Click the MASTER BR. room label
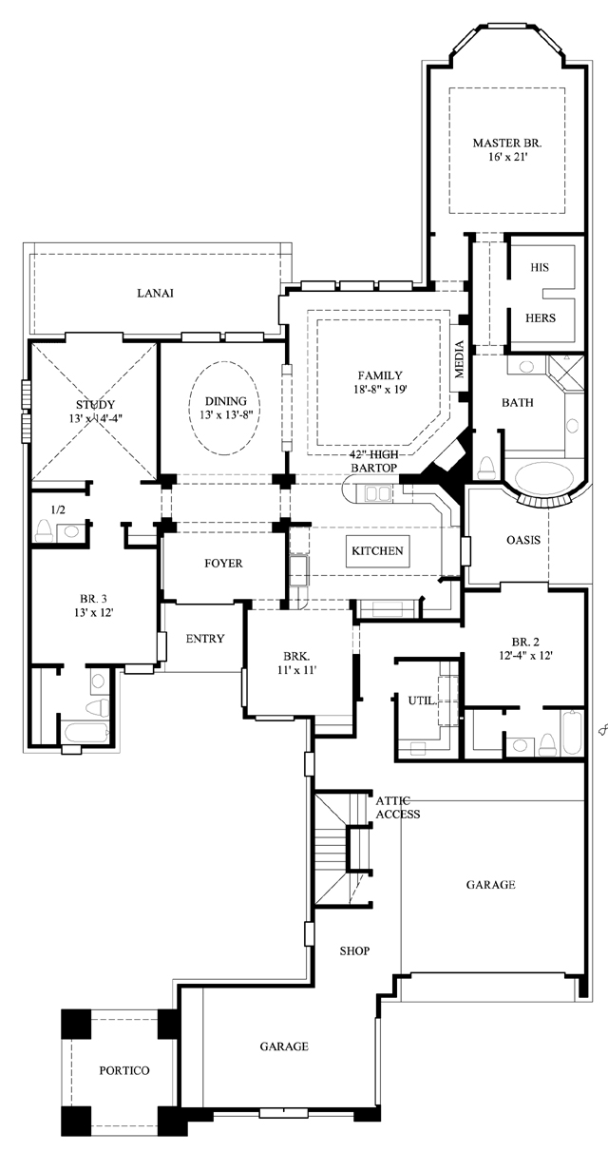pos(507,143)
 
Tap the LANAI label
pos(155,293)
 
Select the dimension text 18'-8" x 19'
pos(380,390)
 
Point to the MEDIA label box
pos(459,359)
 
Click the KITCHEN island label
pos(377,550)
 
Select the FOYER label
pos(223,563)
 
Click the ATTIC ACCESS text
pos(398,807)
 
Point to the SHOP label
pos(354,950)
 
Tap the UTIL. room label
pos(423,701)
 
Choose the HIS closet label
pos(540,267)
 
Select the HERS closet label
pos(541,317)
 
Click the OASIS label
pos(523,540)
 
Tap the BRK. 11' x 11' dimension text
pos(296,670)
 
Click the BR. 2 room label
pos(525,642)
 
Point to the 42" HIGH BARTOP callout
pos(373,461)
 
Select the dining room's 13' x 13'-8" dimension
pos(226,415)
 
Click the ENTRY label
pos(205,639)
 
